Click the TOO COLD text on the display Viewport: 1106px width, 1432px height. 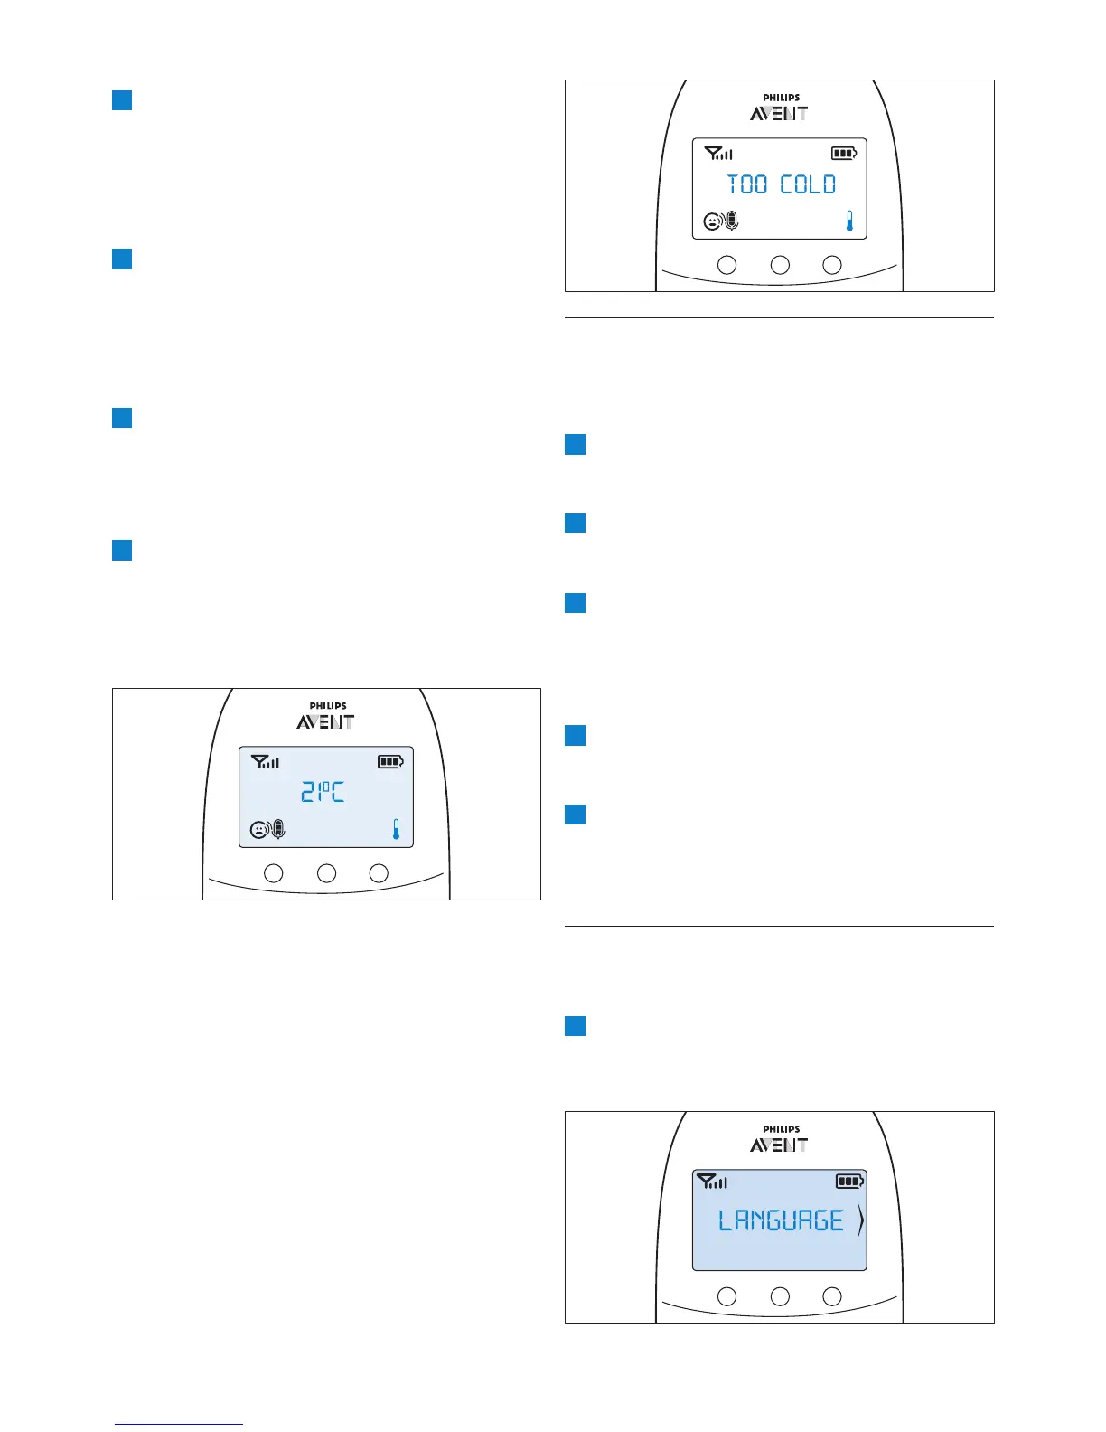pyautogui.click(x=782, y=184)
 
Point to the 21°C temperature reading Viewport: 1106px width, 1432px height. pyautogui.click(x=323, y=793)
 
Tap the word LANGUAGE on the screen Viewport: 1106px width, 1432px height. pyautogui.click(x=781, y=1221)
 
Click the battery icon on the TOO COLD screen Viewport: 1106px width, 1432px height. pyautogui.click(x=844, y=154)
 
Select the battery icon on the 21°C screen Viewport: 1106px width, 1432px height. pyautogui.click(x=390, y=762)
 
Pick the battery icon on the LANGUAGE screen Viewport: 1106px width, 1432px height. pyautogui.click(x=849, y=1181)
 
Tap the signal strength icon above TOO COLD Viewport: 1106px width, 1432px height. pyautogui.click(x=718, y=154)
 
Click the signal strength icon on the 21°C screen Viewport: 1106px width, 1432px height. pyautogui.click(x=265, y=762)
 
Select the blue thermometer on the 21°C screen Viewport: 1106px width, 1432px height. pyautogui.click(x=396, y=829)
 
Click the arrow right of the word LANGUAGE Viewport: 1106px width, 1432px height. pyautogui.click(x=860, y=1221)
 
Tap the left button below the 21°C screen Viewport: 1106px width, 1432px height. pyautogui.click(x=273, y=873)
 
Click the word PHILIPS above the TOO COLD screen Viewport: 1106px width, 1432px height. pyautogui.click(x=781, y=98)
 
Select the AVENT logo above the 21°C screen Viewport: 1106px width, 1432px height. pyautogui.click(x=325, y=722)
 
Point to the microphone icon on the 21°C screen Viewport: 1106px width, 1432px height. pyautogui.click(x=278, y=829)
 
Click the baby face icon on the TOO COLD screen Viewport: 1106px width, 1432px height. pyautogui.click(x=713, y=221)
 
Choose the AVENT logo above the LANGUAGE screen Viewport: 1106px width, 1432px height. pyautogui.click(x=779, y=1145)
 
